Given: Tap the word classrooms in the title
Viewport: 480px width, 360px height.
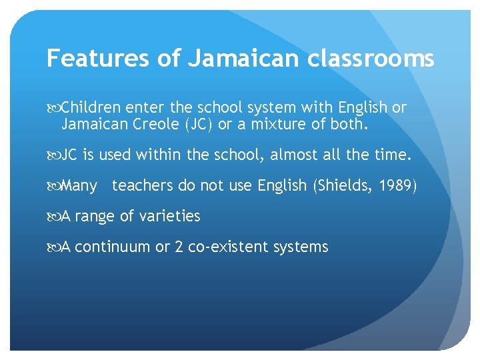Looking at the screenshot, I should point(371,59).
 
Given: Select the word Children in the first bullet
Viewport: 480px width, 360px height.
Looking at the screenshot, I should point(89,107).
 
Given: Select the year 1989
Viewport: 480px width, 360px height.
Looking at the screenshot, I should point(397,185).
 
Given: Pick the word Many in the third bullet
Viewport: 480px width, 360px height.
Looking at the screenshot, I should point(79,185).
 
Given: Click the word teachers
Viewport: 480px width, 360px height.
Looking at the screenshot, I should point(143,185).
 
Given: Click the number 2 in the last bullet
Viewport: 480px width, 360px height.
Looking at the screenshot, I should point(179,247).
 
